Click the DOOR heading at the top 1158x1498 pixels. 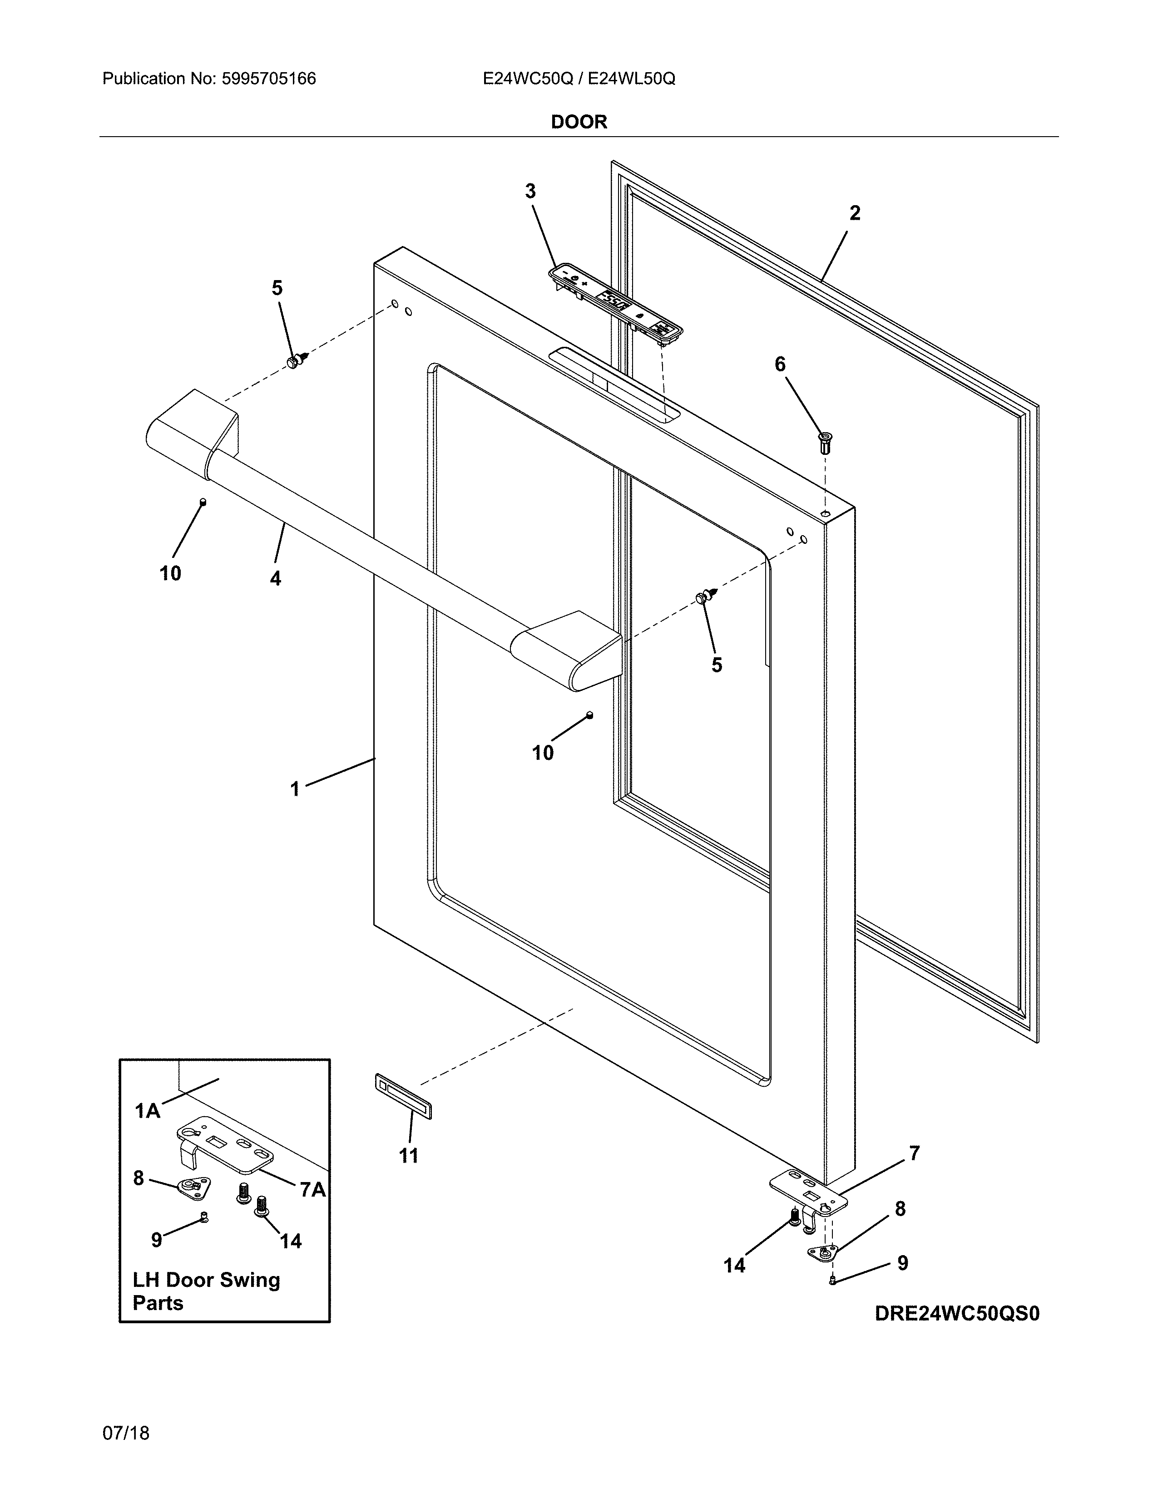pyautogui.click(x=579, y=122)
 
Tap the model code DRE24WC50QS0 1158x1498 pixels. pyautogui.click(x=957, y=1314)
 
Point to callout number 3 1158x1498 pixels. pyautogui.click(x=530, y=192)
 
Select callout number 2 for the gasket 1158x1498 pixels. pyautogui.click(x=855, y=213)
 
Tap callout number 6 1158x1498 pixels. pyautogui.click(x=780, y=364)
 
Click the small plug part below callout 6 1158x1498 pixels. pyautogui.click(x=825, y=443)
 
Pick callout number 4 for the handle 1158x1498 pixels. pyautogui.click(x=275, y=579)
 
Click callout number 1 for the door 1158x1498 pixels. pyautogui.click(x=295, y=789)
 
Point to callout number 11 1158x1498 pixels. pyautogui.click(x=409, y=1156)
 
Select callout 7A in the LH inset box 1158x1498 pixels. pyautogui.click(x=313, y=1189)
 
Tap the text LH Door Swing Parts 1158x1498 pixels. pyautogui.click(x=206, y=1291)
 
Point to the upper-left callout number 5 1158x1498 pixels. pyautogui.click(x=277, y=288)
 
